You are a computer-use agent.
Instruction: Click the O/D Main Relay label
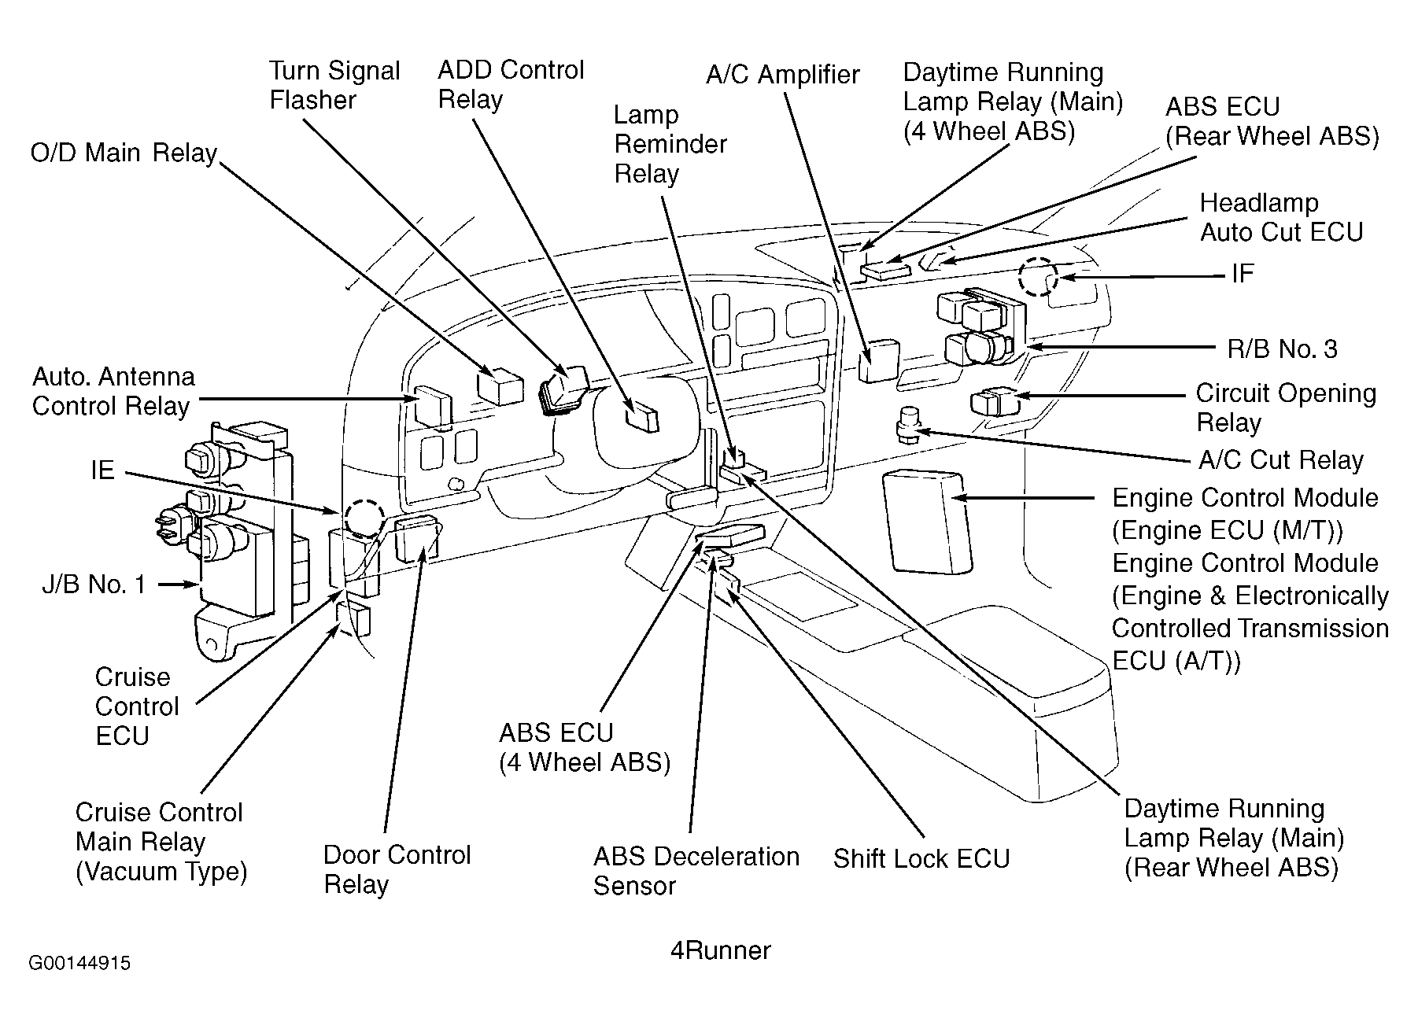124,153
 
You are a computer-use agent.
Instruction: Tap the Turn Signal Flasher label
334,85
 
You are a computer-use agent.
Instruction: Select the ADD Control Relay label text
511,84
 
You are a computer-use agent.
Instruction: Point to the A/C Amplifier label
782,75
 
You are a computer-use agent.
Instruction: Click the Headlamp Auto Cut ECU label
1280,218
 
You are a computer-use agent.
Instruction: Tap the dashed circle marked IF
1038,278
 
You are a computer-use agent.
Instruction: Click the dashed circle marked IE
363,519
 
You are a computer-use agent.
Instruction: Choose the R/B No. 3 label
1282,349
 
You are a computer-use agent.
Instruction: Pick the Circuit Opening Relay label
1285,408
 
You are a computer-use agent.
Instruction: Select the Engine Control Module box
927,522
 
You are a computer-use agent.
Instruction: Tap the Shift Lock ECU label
921,858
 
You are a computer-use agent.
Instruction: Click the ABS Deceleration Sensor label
696,871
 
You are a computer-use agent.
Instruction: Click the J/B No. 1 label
94,585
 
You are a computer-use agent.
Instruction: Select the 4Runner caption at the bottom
720,950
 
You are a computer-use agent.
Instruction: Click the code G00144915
79,964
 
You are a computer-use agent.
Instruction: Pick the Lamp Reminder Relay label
670,144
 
